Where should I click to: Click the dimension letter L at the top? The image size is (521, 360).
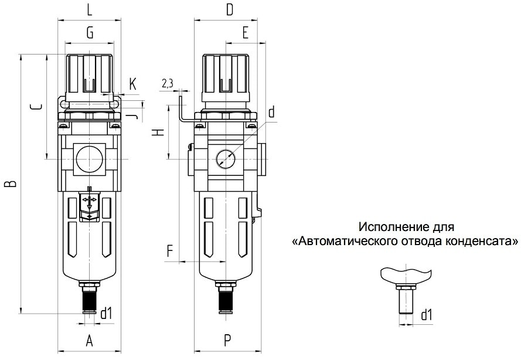tap(90, 10)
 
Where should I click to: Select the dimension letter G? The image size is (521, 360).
tap(90, 33)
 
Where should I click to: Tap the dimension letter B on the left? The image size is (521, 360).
tap(12, 184)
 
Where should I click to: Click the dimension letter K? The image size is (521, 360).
tap(132, 84)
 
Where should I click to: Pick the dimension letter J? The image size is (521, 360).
tap(132, 116)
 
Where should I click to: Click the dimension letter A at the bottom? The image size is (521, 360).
tap(89, 341)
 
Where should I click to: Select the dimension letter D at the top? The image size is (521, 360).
tap(229, 10)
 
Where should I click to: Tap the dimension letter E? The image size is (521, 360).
tap(245, 33)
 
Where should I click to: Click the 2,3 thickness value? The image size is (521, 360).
tap(168, 83)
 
